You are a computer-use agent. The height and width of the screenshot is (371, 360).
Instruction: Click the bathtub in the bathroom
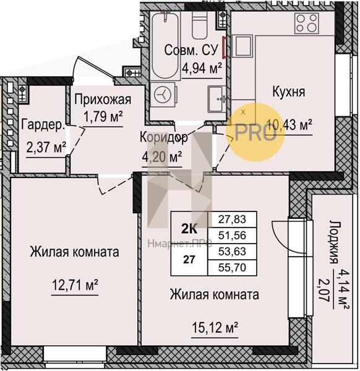165,46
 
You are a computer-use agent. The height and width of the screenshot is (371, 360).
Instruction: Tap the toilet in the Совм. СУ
200,25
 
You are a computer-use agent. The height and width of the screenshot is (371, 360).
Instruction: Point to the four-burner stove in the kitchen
307,23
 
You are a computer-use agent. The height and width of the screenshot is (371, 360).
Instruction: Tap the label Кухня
289,92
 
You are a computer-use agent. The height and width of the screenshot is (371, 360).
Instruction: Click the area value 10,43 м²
289,124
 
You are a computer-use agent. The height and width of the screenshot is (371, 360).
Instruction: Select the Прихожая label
103,100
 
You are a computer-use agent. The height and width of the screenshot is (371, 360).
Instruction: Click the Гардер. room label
43,125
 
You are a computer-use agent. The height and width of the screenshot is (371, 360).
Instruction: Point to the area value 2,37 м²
46,147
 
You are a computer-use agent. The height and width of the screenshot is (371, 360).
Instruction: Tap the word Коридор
164,137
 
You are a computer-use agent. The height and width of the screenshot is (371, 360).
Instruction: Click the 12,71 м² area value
75,285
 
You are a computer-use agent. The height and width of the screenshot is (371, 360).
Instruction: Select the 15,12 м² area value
215,328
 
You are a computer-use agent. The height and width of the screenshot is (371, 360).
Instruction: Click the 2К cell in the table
189,229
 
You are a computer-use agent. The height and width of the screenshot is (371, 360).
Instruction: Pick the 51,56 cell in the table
232,236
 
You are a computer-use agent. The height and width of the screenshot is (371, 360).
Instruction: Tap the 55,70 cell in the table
232,268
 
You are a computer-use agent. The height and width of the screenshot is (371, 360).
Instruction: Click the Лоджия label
335,243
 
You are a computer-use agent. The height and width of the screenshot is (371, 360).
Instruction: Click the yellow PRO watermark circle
255,132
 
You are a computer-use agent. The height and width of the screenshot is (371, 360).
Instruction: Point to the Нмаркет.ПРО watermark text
180,243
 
